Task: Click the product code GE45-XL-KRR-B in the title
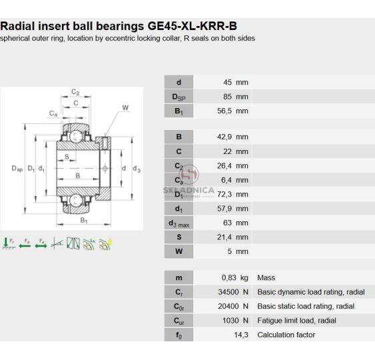[192, 26]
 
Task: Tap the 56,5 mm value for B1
[232, 111]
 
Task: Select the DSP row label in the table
[179, 97]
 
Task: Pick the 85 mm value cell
[236, 97]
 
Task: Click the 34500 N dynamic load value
[233, 292]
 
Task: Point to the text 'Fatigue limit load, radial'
[296, 321]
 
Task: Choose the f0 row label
[179, 335]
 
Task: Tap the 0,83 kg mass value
[235, 277]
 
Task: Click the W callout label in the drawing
[125, 108]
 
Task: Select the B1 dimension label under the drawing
[84, 220]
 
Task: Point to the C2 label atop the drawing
[75, 92]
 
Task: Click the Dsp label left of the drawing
[17, 169]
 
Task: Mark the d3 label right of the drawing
[137, 169]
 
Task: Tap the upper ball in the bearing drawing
[76, 137]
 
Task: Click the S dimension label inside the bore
[67, 157]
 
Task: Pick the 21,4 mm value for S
[232, 237]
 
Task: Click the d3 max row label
[179, 223]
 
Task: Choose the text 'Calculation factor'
[286, 335]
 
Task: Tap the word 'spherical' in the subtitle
[15, 39]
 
